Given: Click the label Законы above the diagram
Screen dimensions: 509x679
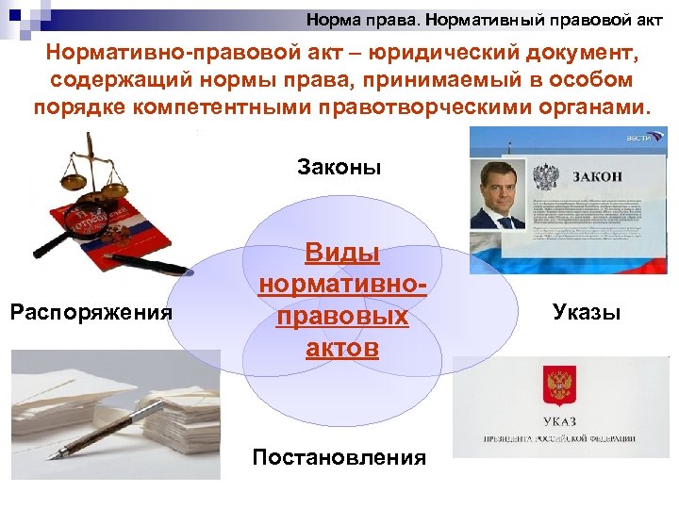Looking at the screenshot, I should click(x=339, y=169).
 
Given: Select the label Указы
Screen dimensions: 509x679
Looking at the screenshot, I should click(x=586, y=312).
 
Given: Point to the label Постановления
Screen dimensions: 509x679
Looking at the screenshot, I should click(x=339, y=458).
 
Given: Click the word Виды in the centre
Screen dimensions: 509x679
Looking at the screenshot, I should click(x=341, y=253).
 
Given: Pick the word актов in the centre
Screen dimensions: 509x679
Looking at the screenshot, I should click(x=341, y=348).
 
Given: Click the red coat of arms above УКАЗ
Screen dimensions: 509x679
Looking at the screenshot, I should click(x=555, y=384).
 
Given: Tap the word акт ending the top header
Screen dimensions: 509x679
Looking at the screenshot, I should click(x=650, y=19).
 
